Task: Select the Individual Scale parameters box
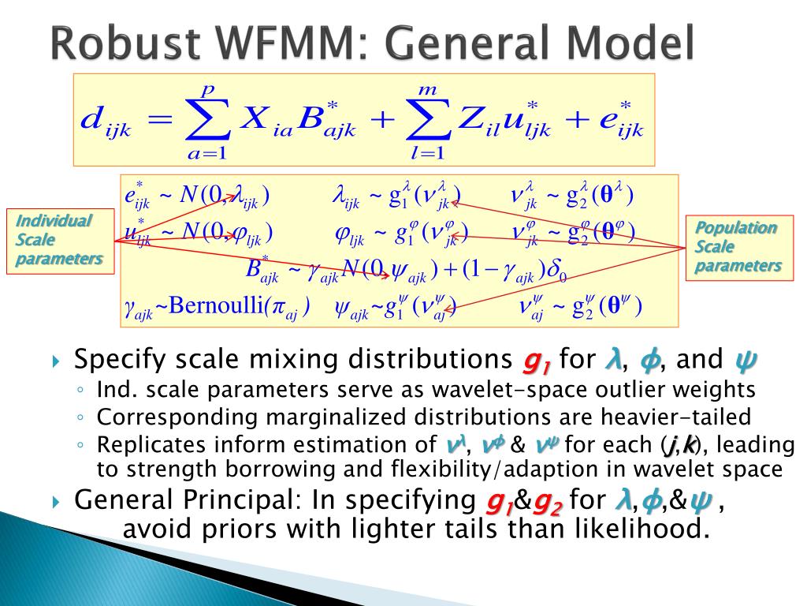point(59,241)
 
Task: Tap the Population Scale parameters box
point(738,247)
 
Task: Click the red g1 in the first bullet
point(536,361)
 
